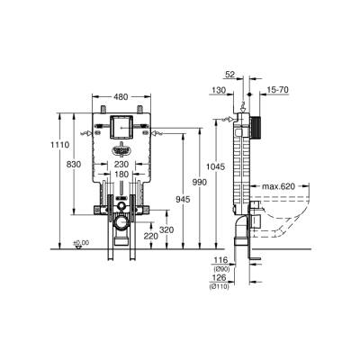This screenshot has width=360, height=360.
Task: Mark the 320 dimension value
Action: coord(166,229)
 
